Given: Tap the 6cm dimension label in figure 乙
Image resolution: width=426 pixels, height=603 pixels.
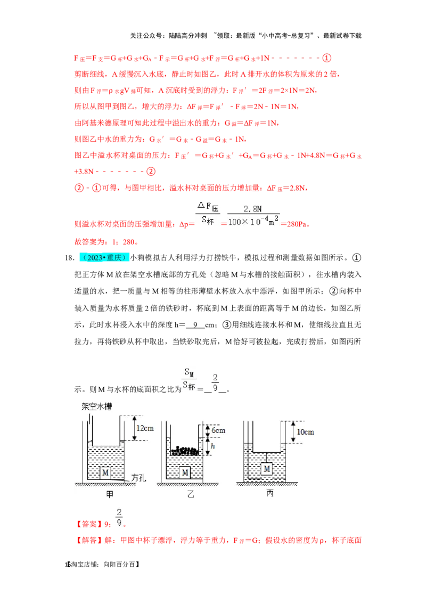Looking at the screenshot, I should (x=218, y=430).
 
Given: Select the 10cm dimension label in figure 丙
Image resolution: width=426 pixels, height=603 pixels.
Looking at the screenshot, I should (x=305, y=431).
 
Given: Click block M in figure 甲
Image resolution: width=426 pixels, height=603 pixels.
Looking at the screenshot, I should (x=105, y=472).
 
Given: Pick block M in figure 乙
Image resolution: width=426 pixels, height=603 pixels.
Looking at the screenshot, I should (x=185, y=472).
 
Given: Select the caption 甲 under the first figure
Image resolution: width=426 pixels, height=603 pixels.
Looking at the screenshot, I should (x=110, y=494).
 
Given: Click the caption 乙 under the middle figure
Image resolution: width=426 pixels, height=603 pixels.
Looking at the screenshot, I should (x=191, y=494).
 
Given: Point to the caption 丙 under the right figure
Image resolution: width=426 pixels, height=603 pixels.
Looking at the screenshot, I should (x=270, y=493).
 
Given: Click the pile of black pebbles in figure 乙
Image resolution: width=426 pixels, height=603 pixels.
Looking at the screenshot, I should (x=184, y=451).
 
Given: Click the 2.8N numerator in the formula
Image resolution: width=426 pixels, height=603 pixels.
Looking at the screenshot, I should (x=253, y=208).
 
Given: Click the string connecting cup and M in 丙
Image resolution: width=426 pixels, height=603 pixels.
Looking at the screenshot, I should (x=267, y=457).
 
